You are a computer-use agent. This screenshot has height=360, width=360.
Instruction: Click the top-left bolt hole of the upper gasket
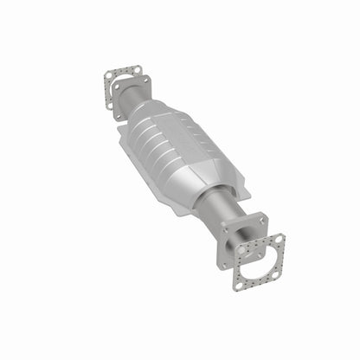pyautogui.click(x=109, y=75)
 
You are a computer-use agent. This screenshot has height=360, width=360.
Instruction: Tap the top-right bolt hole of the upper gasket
pyautogui.click(x=137, y=68)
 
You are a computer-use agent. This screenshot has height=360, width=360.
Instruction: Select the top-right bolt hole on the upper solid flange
pyautogui.click(x=147, y=80)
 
